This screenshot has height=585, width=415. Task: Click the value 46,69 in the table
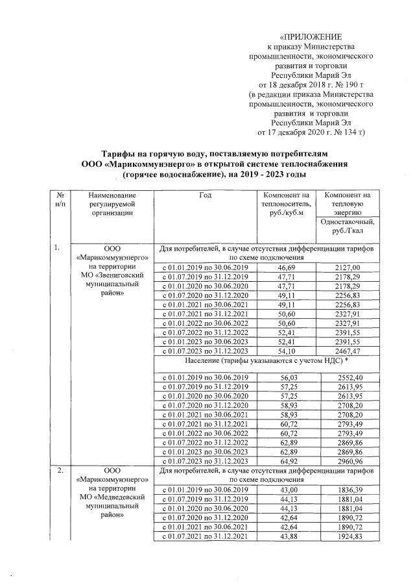coord(286,267)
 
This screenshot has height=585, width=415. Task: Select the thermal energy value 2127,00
coord(350,267)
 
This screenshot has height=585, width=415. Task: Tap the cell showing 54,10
coord(286,351)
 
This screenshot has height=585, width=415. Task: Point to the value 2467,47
coord(350,351)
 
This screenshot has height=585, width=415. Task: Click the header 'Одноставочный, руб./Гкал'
coord(350,225)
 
